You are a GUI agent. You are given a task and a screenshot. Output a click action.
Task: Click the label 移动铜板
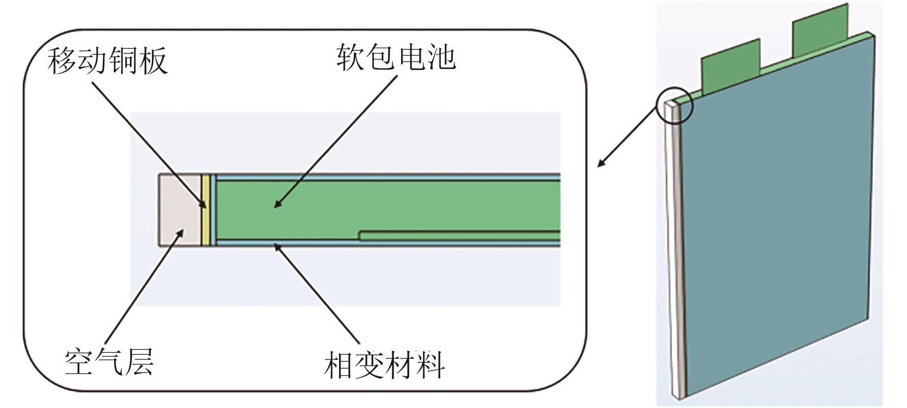108,61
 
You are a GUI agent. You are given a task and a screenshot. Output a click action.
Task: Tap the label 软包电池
396,57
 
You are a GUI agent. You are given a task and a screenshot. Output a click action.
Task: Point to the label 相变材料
384,366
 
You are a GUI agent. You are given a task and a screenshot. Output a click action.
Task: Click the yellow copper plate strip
205,210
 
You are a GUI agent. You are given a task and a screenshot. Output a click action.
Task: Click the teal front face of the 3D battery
778,222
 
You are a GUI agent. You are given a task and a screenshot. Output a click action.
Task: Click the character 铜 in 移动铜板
123,61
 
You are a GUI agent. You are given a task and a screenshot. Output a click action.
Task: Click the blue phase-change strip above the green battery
384,177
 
